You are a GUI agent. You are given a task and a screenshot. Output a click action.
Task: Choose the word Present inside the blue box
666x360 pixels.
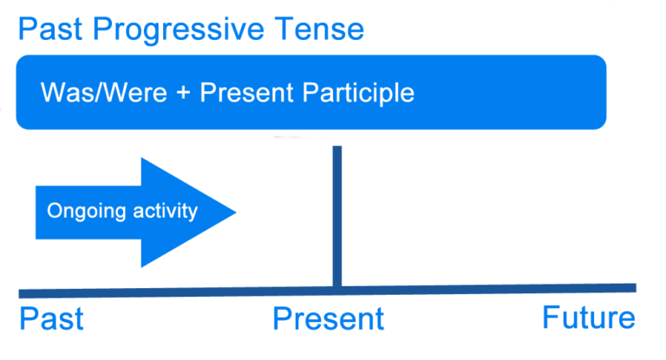[x=242, y=93]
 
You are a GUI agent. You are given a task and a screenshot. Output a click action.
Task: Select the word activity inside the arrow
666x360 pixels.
[x=164, y=212]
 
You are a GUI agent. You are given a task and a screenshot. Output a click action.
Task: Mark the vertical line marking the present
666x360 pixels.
[x=336, y=217]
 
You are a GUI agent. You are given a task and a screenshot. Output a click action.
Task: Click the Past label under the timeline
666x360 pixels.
[x=51, y=318]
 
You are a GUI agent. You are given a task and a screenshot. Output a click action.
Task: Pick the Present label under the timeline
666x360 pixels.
[x=328, y=318]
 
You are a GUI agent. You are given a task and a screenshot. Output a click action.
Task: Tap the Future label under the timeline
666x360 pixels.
[x=588, y=317]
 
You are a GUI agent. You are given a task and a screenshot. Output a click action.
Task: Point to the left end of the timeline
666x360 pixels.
[x=22, y=293]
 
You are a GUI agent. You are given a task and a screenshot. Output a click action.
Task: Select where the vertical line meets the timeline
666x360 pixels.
[x=336, y=289]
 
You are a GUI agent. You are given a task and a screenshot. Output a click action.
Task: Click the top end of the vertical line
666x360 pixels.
[x=336, y=148]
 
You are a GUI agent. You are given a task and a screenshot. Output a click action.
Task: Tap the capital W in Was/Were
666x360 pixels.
[x=52, y=93]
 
